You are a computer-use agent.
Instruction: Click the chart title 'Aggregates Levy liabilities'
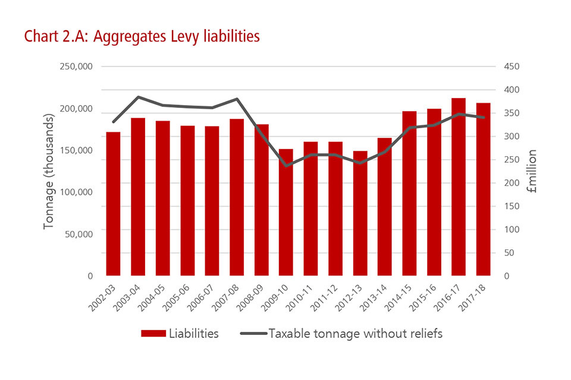point(142,37)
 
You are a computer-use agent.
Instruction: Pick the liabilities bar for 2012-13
point(360,213)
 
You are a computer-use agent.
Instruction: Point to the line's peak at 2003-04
point(138,97)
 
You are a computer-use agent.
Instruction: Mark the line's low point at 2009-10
point(286,166)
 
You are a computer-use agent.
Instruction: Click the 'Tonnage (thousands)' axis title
point(49,172)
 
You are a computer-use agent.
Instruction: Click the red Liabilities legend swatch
point(153,334)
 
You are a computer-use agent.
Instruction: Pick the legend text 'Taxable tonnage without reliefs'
point(356,334)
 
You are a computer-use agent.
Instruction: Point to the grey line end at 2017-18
point(483,118)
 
